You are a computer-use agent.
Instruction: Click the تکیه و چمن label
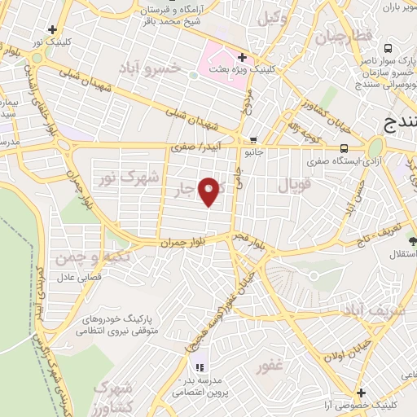click(80, 258)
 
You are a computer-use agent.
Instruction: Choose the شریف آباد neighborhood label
click(374, 310)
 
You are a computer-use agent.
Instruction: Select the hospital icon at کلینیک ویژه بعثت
click(242, 57)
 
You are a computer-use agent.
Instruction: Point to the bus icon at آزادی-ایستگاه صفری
click(345, 148)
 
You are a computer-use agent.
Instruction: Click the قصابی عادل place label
click(77, 278)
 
